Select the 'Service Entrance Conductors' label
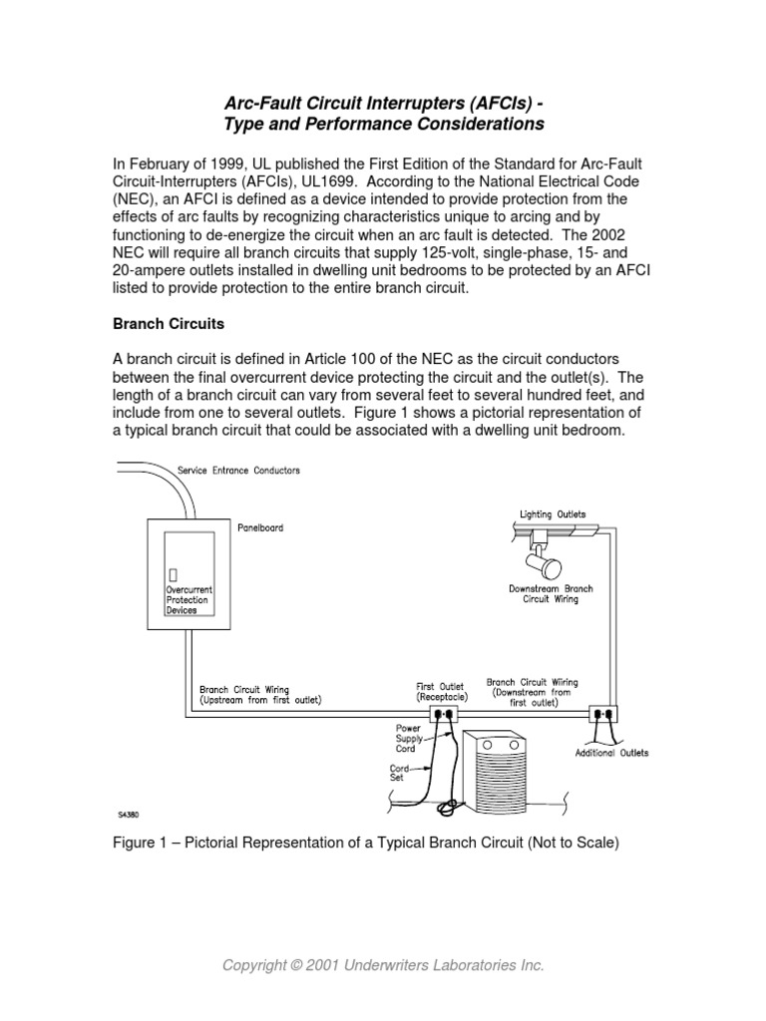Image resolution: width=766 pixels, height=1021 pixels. click(238, 470)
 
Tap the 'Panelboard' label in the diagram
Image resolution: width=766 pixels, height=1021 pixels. click(259, 527)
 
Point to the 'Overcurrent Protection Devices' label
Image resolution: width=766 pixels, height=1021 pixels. click(188, 600)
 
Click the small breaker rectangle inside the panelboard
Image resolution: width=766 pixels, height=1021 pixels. click(174, 575)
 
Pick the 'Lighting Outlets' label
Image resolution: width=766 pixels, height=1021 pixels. click(553, 514)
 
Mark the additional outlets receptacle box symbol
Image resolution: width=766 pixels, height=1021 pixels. click(603, 714)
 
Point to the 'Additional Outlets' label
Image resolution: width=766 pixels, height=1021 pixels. click(611, 753)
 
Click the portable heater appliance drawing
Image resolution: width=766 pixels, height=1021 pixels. click(507, 769)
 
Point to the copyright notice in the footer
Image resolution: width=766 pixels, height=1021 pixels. click(383, 966)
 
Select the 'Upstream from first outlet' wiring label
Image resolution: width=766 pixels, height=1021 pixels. click(260, 700)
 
